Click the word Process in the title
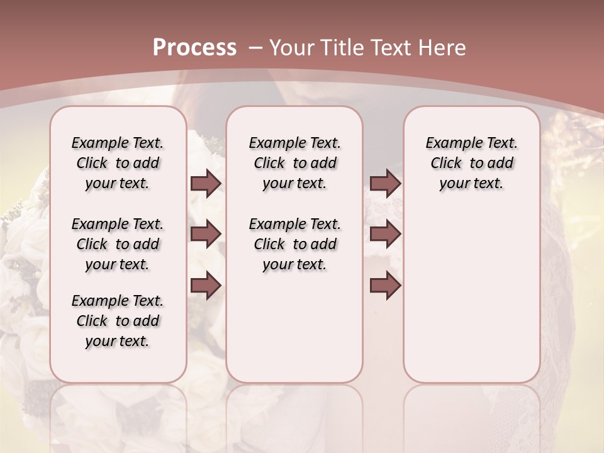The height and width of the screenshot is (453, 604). [194, 48]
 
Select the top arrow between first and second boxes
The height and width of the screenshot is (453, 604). [206, 183]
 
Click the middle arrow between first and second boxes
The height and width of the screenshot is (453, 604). [206, 234]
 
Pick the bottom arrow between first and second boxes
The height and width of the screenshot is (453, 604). [206, 286]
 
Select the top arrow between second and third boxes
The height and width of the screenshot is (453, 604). [385, 183]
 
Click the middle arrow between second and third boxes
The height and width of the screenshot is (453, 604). [385, 234]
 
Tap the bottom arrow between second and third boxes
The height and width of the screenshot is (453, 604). [385, 286]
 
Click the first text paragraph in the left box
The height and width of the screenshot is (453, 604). [118, 163]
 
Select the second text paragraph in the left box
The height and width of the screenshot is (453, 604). [118, 244]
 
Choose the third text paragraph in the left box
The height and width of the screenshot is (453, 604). [118, 321]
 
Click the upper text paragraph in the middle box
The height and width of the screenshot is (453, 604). [294, 163]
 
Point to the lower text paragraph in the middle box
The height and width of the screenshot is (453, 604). [294, 244]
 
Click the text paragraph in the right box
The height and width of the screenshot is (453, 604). [472, 163]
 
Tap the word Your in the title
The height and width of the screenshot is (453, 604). [291, 48]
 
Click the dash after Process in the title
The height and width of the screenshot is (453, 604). [255, 48]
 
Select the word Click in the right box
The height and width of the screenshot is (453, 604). [446, 164]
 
